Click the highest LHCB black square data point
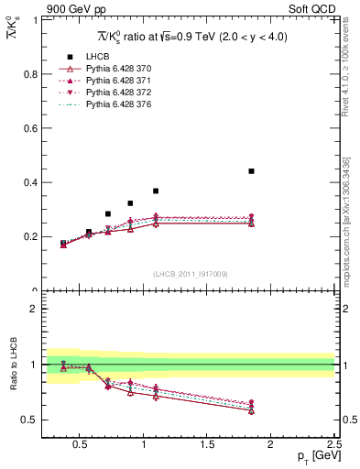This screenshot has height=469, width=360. click(251, 171)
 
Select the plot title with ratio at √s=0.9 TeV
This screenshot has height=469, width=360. click(190, 36)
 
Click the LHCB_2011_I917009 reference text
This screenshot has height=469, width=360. click(189, 274)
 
